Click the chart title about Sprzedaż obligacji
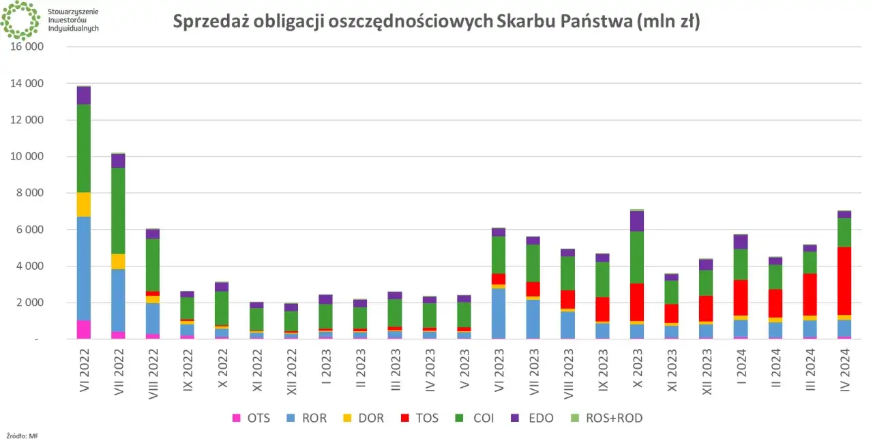click(x=436, y=22)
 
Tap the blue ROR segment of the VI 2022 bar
click(x=84, y=269)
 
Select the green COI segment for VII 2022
click(x=119, y=211)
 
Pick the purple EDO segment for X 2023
click(x=637, y=221)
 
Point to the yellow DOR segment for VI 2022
click(x=84, y=204)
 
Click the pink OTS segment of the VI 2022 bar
click(x=84, y=329)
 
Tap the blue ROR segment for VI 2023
click(x=499, y=313)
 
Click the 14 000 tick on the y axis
click(x=27, y=84)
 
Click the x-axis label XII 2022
click(x=292, y=368)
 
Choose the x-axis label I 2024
click(x=741, y=365)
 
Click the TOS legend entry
click(x=420, y=418)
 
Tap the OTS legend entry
click(x=251, y=418)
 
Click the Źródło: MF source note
click(x=22, y=435)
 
